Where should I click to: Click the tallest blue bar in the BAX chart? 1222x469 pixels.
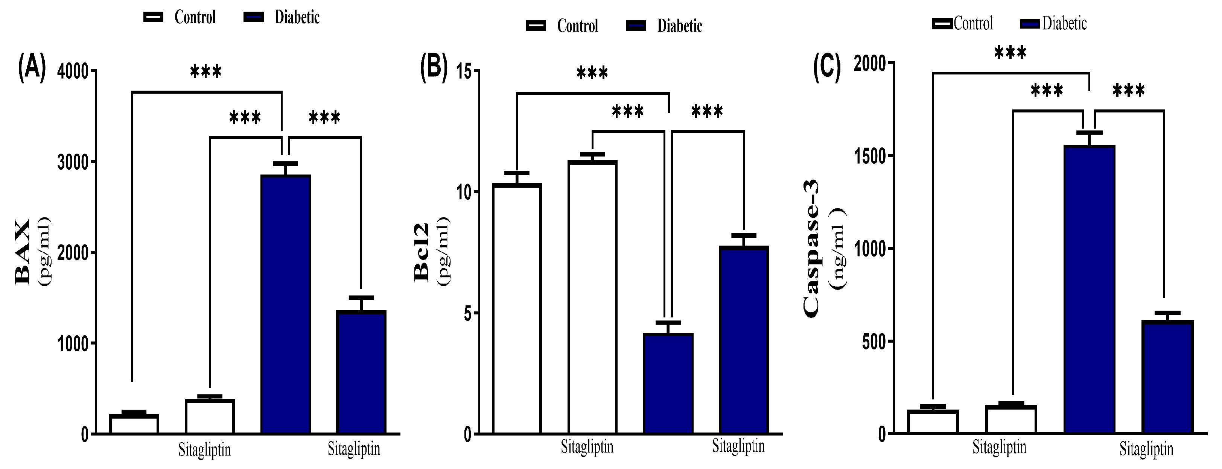[x=286, y=304]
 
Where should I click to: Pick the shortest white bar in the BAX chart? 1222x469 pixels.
[x=134, y=423]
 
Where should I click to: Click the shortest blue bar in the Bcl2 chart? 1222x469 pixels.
[x=668, y=383]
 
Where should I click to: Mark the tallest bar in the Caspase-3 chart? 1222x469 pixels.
[x=1089, y=289]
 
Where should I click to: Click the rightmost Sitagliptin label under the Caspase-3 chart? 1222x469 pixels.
[x=1146, y=449]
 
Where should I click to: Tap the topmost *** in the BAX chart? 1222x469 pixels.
[x=205, y=72]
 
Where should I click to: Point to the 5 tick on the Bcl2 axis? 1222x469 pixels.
[x=468, y=313]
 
